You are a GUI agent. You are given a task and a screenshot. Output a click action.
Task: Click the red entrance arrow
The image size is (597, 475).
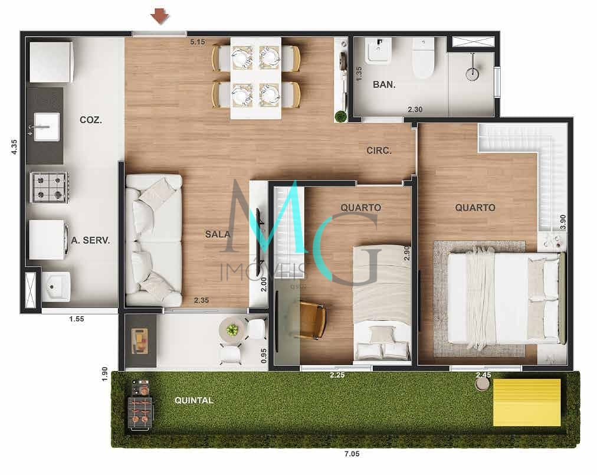(159, 17)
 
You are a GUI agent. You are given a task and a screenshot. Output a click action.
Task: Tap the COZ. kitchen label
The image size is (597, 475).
(91, 120)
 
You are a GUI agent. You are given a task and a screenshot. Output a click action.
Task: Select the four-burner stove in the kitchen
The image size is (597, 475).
(50, 187)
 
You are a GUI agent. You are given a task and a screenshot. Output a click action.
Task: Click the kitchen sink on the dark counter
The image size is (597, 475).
(47, 126)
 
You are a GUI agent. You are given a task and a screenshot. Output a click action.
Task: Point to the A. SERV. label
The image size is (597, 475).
(90, 240)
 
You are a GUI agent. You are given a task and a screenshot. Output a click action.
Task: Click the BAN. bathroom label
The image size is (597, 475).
(384, 84)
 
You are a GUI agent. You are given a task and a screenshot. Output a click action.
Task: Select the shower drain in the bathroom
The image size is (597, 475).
(472, 74)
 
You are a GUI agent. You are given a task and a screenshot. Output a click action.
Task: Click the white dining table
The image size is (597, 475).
(256, 78)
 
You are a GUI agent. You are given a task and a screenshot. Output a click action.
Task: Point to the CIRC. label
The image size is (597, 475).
(379, 150)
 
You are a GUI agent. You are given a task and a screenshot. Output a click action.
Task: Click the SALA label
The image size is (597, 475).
(218, 234)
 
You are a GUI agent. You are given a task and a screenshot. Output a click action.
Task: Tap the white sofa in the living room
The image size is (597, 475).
(154, 240)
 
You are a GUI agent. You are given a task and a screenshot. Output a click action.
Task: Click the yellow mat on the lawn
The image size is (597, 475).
(527, 402)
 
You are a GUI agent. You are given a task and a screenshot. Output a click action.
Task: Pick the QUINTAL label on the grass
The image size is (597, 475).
(194, 400)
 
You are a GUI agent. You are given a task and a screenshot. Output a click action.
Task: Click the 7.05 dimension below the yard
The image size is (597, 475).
(352, 454)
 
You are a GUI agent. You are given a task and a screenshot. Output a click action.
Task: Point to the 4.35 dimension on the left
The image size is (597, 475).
(14, 147)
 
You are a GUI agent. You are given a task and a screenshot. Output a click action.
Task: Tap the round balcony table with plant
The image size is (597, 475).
(232, 330)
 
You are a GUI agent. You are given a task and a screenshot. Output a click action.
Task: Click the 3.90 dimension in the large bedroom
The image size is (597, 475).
(563, 222)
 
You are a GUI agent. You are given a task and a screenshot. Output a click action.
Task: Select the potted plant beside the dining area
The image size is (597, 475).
(341, 116)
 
